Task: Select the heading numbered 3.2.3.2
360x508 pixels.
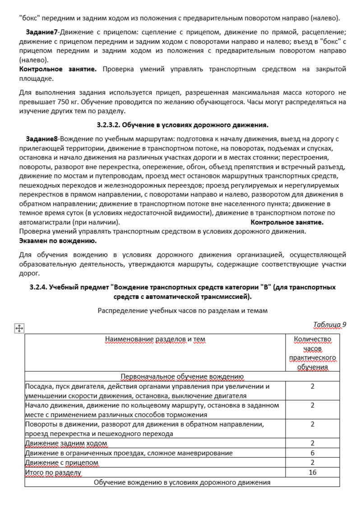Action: pos(183,124)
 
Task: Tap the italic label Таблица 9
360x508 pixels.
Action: pos(329,325)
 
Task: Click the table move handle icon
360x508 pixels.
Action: pos(19,329)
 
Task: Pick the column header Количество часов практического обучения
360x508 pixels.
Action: pos(312,353)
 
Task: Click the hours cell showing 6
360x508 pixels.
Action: pos(312,453)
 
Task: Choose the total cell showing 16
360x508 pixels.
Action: pos(312,472)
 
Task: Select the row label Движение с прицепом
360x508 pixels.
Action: pos(62,462)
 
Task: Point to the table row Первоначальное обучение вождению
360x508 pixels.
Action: pos(182,376)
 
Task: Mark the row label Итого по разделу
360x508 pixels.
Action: pos(53,472)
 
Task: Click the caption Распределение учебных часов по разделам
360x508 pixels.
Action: pos(183,310)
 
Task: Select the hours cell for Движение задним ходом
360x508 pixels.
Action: pos(312,444)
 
